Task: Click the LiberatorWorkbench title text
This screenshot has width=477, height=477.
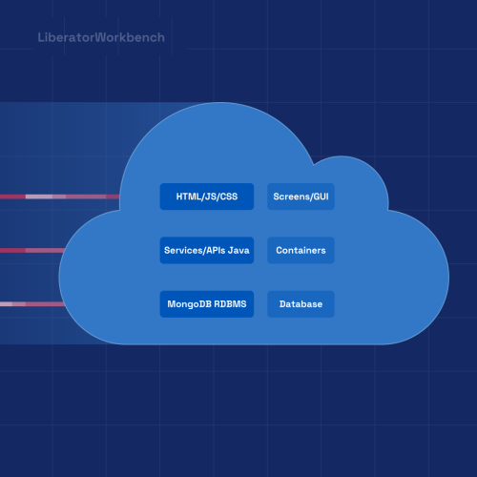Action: pos(100,38)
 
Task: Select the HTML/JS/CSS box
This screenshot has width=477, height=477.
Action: pos(207,197)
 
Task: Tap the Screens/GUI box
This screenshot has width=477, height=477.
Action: pos(301,197)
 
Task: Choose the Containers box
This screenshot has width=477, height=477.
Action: pos(301,250)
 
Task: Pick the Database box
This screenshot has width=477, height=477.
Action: pos(301,304)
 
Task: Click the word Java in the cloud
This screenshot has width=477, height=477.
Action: pos(238,251)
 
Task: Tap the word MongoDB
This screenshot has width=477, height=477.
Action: pos(188,304)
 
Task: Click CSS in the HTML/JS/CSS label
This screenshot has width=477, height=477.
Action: pos(227,197)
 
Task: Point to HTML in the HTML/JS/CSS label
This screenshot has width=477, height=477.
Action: pos(188,197)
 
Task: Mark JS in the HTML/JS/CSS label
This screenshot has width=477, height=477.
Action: pos(209,197)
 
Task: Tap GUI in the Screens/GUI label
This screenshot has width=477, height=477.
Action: pos(319,197)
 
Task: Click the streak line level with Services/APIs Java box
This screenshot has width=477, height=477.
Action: pos(38,251)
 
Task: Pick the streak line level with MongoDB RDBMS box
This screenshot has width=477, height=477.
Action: pos(33,304)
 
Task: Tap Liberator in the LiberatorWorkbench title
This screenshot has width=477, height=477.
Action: pos(68,38)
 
